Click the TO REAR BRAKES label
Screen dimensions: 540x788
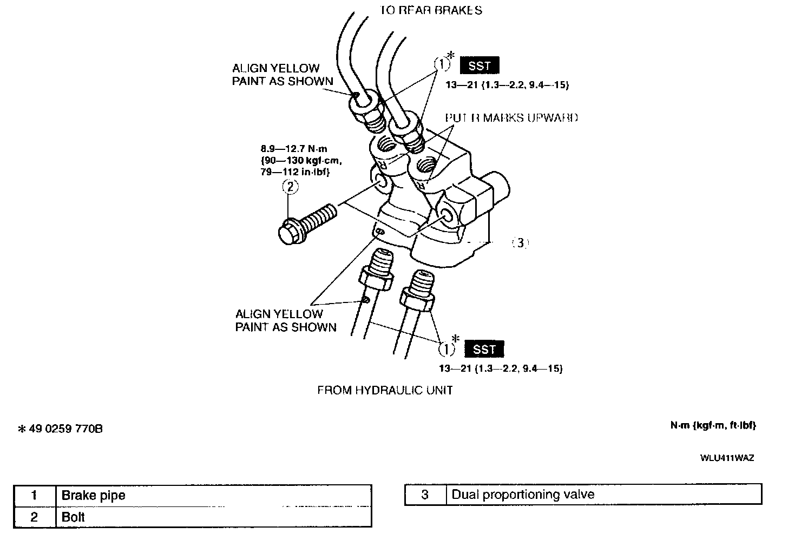431,10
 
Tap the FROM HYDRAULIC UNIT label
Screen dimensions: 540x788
385,390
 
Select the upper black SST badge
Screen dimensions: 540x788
480,66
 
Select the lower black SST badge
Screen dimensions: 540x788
484,350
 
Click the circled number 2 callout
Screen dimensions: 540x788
290,187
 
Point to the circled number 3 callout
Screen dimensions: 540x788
520,243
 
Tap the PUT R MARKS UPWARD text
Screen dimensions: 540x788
511,117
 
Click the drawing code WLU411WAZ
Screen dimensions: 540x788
727,458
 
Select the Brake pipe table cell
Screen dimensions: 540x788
93,495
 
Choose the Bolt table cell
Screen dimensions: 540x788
74,517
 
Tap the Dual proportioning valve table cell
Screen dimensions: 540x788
523,494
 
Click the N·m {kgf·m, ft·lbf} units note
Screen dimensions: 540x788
713,425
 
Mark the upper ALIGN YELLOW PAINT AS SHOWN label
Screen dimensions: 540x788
283,75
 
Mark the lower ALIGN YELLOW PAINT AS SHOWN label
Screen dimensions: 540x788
285,320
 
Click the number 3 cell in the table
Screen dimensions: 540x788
425,494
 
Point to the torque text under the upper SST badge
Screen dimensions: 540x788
507,85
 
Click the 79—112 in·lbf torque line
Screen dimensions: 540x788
294,172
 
